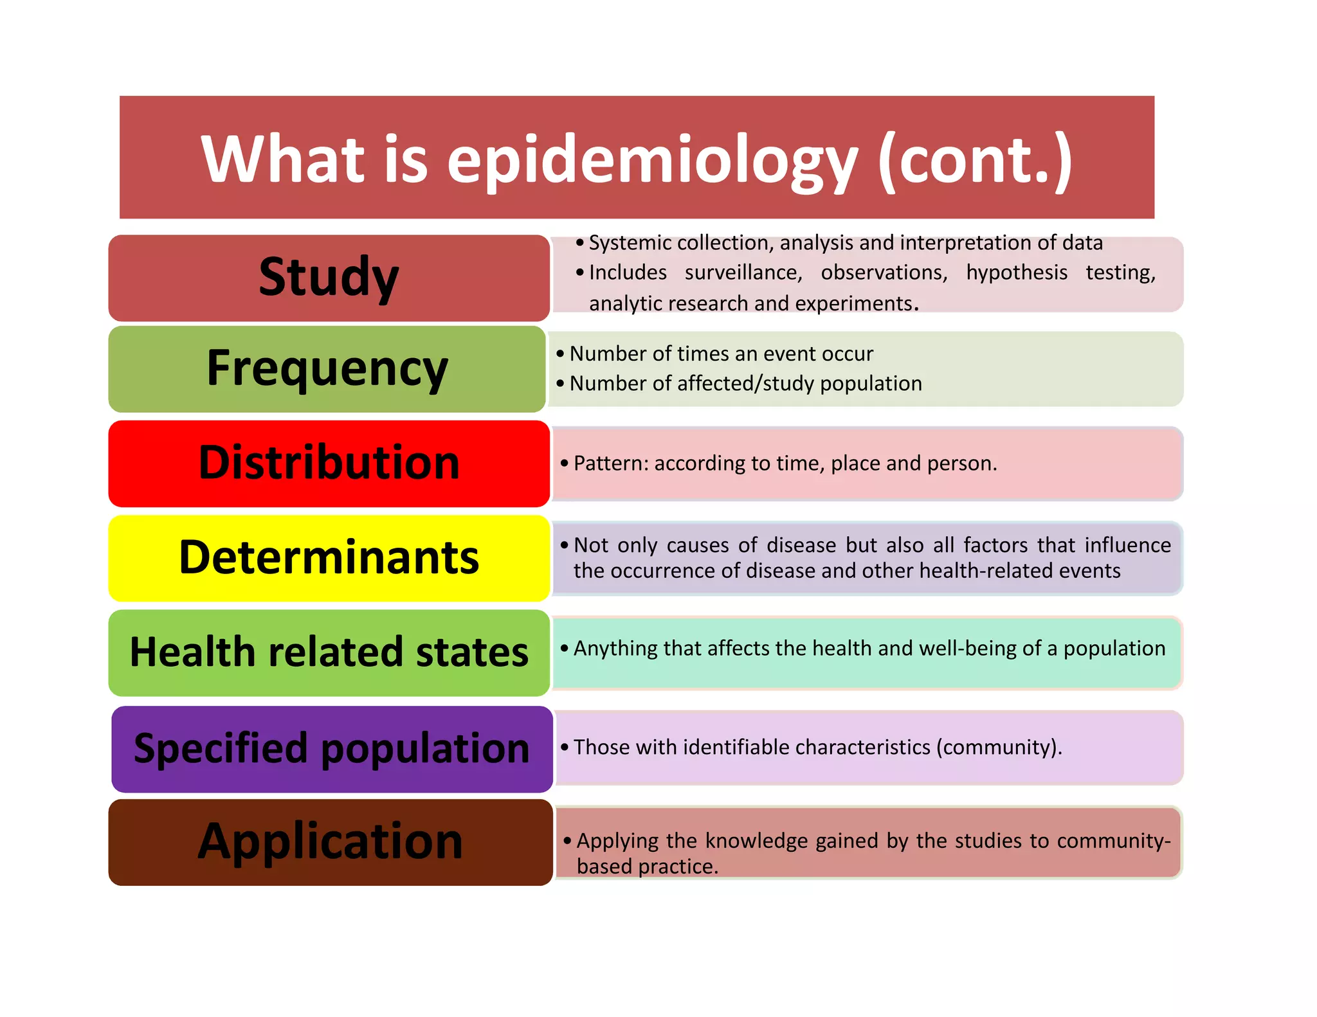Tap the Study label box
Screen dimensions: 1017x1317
click(329, 278)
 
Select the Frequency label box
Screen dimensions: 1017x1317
click(327, 368)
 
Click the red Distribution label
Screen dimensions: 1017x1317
click(329, 463)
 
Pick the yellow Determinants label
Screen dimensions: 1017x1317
click(329, 557)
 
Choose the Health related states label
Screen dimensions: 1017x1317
click(329, 652)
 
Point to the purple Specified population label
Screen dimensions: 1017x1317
click(332, 748)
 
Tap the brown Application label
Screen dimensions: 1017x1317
click(330, 842)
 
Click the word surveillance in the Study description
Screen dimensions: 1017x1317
click(743, 273)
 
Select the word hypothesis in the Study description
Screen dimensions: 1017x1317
click(1016, 273)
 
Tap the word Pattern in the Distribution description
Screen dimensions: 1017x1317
click(611, 464)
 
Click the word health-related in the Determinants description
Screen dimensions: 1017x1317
click(986, 571)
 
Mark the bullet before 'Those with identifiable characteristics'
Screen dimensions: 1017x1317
click(565, 748)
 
